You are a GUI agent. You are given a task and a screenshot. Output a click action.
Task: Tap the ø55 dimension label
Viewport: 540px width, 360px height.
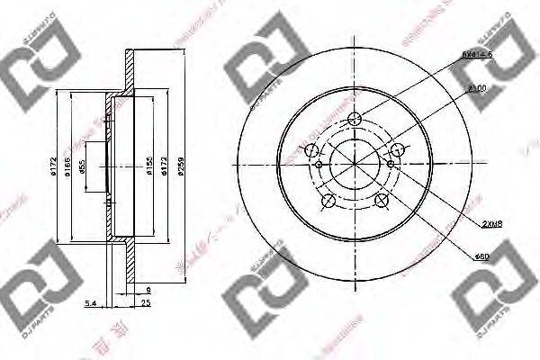[x=84, y=166]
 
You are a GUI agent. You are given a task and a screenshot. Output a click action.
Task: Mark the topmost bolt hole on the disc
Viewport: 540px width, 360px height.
[x=355, y=118]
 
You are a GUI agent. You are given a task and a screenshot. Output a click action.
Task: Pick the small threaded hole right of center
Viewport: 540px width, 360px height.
[x=389, y=164]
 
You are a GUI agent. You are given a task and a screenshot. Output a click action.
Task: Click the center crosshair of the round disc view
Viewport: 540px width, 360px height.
[x=355, y=164]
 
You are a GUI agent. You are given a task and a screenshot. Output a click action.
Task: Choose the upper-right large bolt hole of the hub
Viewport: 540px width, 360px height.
[x=397, y=148]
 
